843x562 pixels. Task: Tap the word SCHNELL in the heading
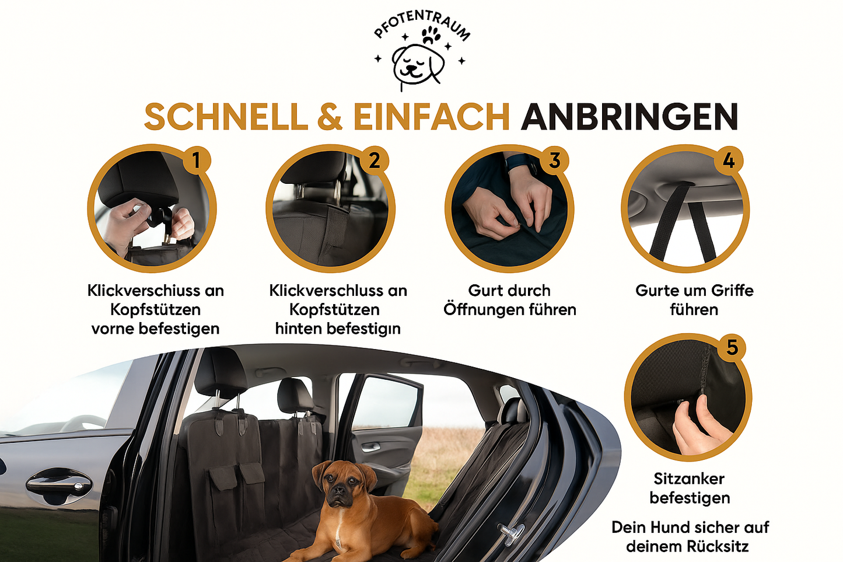coord(225,117)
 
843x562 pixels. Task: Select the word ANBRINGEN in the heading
coord(629,117)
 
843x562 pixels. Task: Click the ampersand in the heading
coord(330,117)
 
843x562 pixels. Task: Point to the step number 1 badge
coord(196,160)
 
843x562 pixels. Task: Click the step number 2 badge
coord(374,160)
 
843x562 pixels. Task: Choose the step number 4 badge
coord(729,160)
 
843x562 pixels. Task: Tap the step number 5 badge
coord(732,348)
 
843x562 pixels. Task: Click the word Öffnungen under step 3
coord(484,309)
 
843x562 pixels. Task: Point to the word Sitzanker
coord(689,479)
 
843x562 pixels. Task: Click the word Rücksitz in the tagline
coord(717,547)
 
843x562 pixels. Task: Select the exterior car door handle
coord(58,482)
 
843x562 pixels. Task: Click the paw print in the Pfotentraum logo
coord(431,35)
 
